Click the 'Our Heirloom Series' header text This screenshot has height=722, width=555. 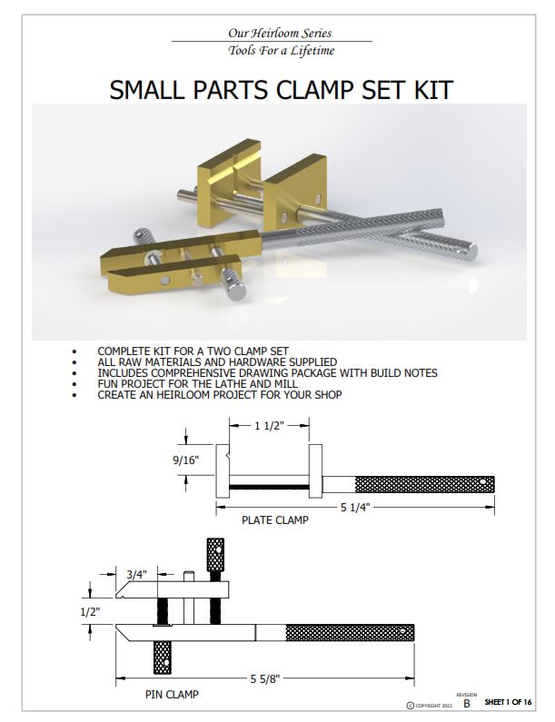click(271, 33)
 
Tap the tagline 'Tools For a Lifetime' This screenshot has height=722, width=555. click(271, 51)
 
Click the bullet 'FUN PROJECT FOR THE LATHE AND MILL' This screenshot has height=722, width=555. click(197, 384)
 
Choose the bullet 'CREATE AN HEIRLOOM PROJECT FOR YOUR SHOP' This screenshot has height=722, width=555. click(219, 395)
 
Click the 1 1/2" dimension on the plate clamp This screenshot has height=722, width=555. click(267, 424)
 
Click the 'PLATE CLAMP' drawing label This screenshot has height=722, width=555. click(274, 521)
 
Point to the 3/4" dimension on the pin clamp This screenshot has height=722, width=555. click(137, 574)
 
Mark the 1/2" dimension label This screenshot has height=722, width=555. click(89, 611)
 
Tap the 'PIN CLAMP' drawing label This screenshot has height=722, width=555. click(172, 695)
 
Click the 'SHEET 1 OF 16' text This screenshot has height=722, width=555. click(510, 703)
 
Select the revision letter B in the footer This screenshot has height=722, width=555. click(467, 704)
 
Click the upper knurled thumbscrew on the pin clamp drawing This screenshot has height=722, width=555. click(215, 551)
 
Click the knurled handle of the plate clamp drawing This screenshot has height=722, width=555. click(424, 483)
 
